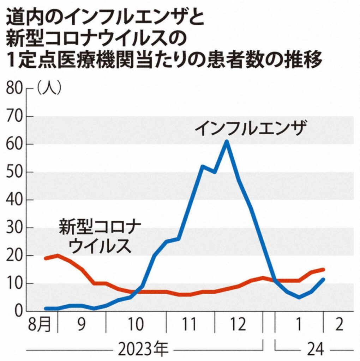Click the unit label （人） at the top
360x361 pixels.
click(49, 88)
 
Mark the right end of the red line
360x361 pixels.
click(323, 270)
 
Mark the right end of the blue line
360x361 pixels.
click(323, 280)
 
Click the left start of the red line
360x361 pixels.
click(46, 258)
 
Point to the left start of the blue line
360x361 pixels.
click(46, 308)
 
